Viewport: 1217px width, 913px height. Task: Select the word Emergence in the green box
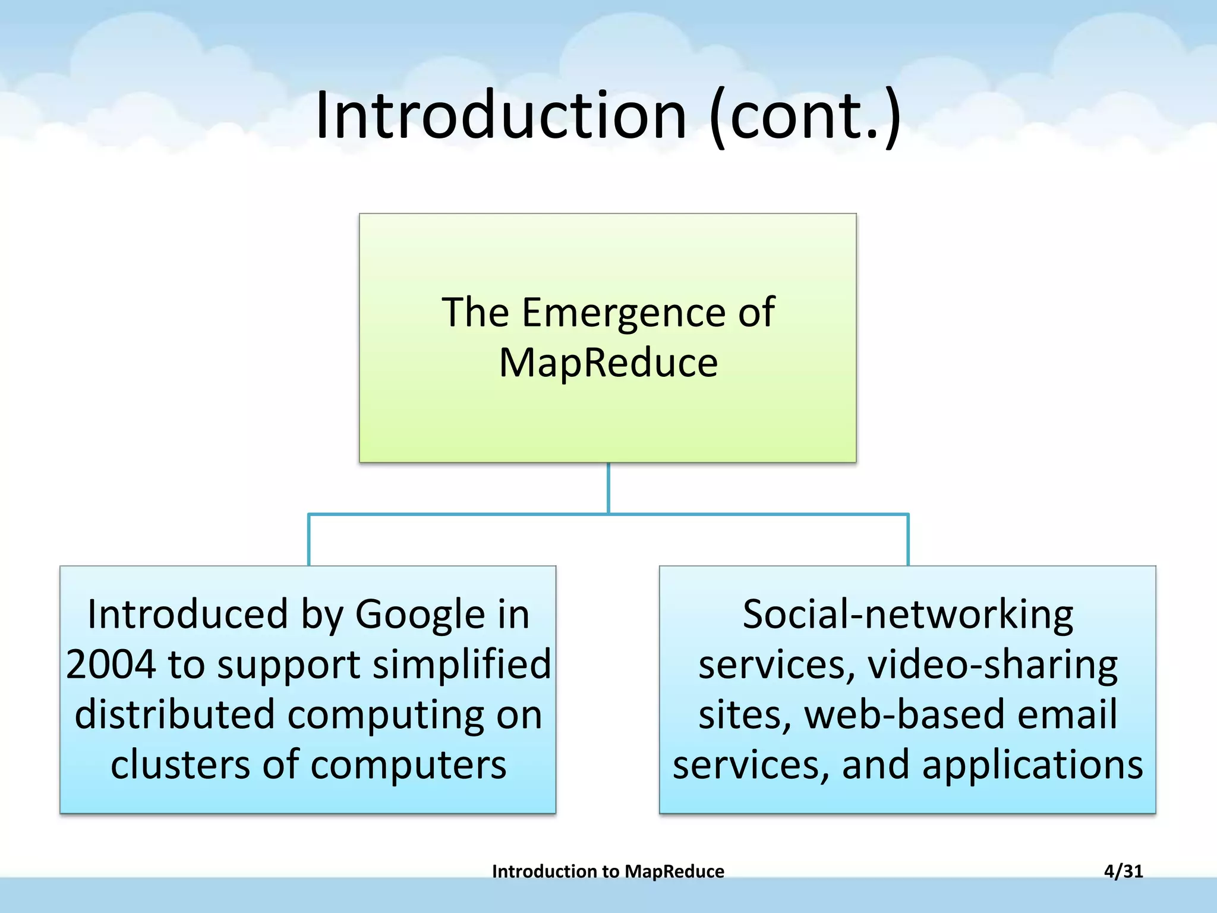[x=623, y=313]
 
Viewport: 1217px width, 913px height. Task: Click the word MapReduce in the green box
[x=608, y=363]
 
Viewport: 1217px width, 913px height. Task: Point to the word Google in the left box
[x=420, y=614]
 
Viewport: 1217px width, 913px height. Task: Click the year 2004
[x=111, y=665]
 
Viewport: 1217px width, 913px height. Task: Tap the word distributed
[x=175, y=714]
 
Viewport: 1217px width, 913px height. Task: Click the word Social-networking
[x=907, y=614]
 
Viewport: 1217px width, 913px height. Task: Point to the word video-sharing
[x=992, y=665]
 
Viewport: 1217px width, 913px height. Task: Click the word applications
[x=1032, y=764]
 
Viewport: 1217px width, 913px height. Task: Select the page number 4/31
[x=1123, y=871]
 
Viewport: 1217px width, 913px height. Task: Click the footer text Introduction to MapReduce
[x=608, y=871]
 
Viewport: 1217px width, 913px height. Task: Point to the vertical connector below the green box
[x=608, y=487]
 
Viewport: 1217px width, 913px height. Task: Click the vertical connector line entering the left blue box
[x=309, y=540]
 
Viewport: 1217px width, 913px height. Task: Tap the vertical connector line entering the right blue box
[x=908, y=540]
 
